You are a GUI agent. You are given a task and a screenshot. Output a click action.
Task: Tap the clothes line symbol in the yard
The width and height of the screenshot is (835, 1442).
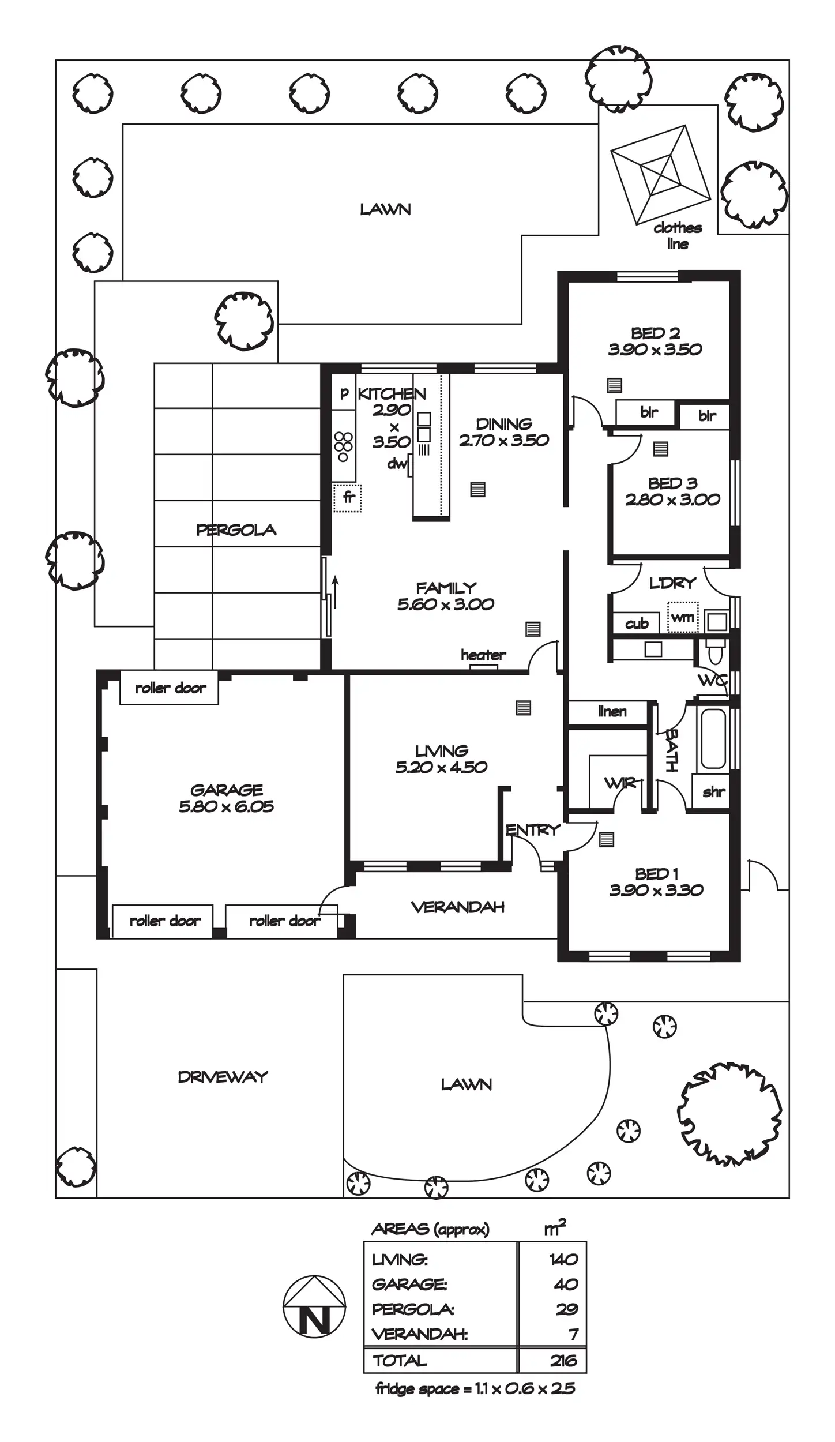[x=660, y=174]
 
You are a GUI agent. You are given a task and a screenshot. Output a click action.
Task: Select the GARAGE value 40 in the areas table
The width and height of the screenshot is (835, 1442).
[x=566, y=1285]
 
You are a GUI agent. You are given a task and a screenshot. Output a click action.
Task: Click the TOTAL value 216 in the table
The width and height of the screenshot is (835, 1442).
[x=563, y=1361]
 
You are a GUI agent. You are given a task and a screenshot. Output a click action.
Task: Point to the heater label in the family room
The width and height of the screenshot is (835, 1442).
[x=483, y=655]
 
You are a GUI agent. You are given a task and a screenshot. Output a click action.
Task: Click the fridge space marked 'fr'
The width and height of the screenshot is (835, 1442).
[x=348, y=498]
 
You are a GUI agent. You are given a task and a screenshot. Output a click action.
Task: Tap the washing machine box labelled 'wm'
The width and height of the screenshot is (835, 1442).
[x=683, y=617]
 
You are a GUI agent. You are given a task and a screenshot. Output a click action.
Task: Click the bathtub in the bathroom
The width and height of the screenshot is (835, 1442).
[x=713, y=738]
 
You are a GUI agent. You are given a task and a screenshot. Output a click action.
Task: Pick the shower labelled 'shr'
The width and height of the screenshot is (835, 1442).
[x=713, y=793]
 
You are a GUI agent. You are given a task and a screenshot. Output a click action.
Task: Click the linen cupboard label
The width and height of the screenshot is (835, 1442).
[x=612, y=712]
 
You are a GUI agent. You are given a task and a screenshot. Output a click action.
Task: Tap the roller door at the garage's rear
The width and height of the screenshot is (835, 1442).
[x=170, y=688]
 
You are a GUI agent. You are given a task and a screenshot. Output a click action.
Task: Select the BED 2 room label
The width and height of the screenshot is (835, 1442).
[x=655, y=333]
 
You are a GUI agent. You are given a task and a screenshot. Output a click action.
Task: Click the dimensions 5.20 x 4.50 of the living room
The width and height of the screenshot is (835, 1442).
[x=441, y=767]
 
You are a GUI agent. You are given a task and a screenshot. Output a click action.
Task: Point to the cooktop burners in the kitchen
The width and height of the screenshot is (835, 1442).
[x=343, y=446]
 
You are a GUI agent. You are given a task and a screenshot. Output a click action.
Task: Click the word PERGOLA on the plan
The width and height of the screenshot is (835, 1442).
[x=236, y=530]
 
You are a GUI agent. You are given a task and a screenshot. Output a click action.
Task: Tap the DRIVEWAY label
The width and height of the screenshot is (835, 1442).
[x=223, y=1077]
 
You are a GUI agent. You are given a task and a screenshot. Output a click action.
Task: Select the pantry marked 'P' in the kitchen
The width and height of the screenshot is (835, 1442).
[x=344, y=393]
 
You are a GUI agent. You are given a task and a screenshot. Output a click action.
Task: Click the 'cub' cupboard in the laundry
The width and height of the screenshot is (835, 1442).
[x=637, y=624]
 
